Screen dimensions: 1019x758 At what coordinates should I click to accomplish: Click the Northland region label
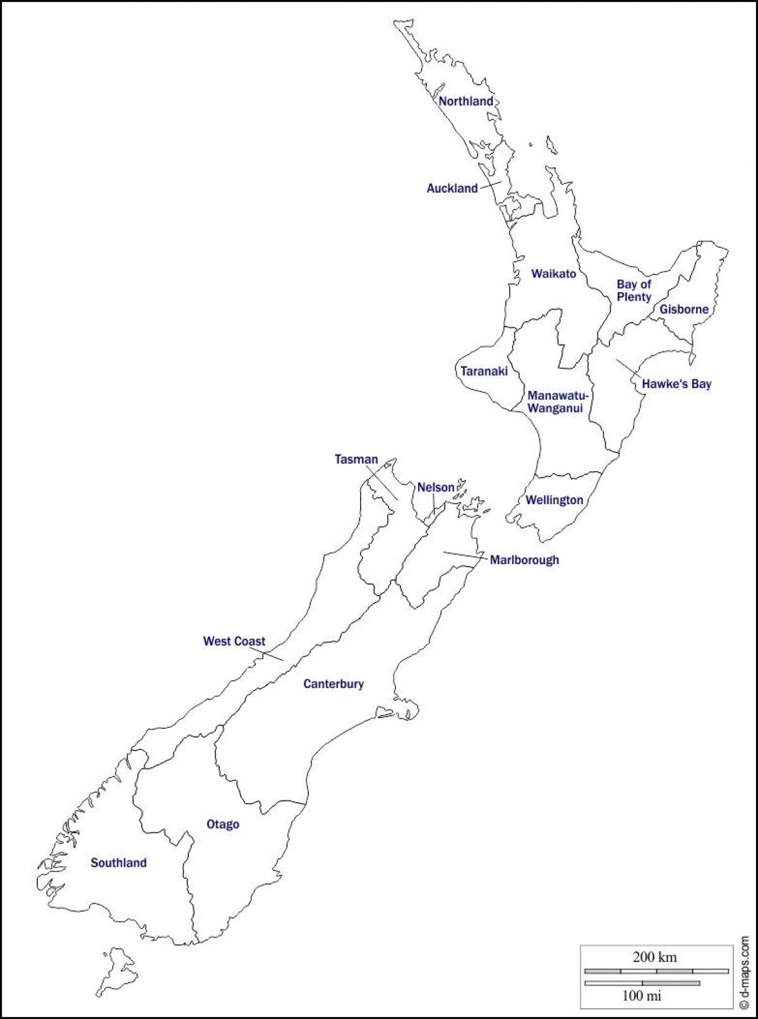pyautogui.click(x=466, y=101)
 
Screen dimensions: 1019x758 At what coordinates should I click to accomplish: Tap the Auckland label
pyautogui.click(x=452, y=188)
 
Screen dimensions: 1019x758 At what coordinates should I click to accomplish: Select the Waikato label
pyautogui.click(x=553, y=274)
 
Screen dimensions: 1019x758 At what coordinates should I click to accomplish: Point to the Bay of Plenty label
pyautogui.click(x=634, y=291)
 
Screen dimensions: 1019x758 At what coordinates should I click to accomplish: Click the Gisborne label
pyautogui.click(x=684, y=310)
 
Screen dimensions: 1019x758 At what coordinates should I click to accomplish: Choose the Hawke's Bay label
pyautogui.click(x=677, y=383)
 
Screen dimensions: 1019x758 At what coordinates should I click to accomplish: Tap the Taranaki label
pyautogui.click(x=484, y=371)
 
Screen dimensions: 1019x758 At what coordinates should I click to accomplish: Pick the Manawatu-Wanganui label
pyautogui.click(x=558, y=402)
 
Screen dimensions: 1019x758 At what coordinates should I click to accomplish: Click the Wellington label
pyautogui.click(x=555, y=500)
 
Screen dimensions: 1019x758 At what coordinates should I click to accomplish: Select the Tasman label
pyautogui.click(x=356, y=460)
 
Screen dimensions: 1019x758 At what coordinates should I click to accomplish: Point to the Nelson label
pyautogui.click(x=436, y=487)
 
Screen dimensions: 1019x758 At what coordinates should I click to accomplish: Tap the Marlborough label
pyautogui.click(x=524, y=560)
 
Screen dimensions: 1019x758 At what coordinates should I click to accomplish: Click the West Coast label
pyautogui.click(x=234, y=641)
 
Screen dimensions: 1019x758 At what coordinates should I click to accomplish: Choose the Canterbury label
pyautogui.click(x=334, y=684)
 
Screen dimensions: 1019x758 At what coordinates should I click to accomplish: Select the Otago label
pyautogui.click(x=223, y=824)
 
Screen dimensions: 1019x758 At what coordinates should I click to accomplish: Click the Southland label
pyautogui.click(x=119, y=863)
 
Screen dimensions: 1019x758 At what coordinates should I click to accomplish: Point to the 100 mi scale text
pyautogui.click(x=642, y=996)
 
